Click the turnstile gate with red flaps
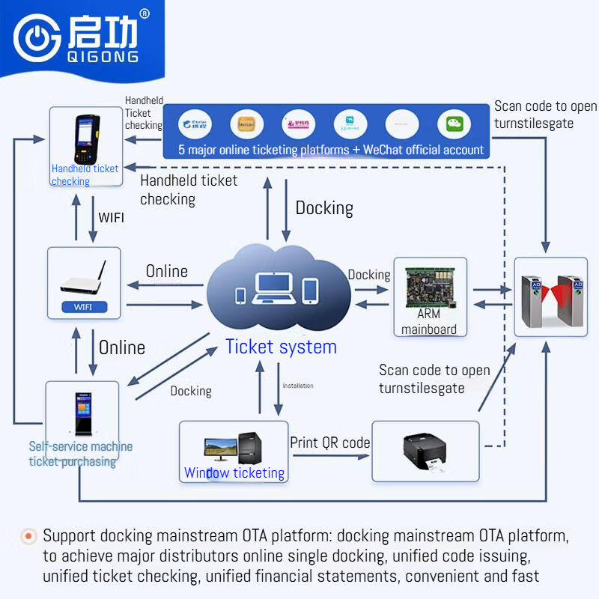pyautogui.click(x=550, y=296)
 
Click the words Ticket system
pyautogui.click(x=281, y=347)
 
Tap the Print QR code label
pyautogui.click(x=330, y=443)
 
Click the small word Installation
pyautogui.click(x=297, y=386)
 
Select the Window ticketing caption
pyautogui.click(x=234, y=473)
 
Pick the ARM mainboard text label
pyautogui.click(x=429, y=322)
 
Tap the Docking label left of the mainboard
pyautogui.click(x=369, y=275)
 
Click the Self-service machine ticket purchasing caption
pyautogui.click(x=81, y=454)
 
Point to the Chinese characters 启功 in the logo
pyautogui.click(x=103, y=33)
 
